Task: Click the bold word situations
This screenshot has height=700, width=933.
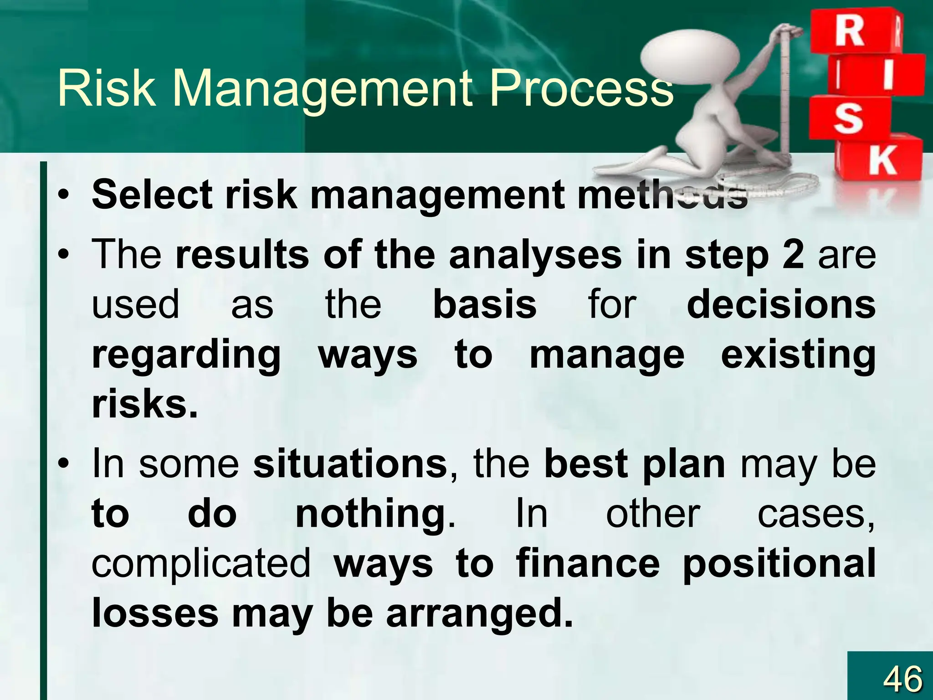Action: [x=350, y=464]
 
